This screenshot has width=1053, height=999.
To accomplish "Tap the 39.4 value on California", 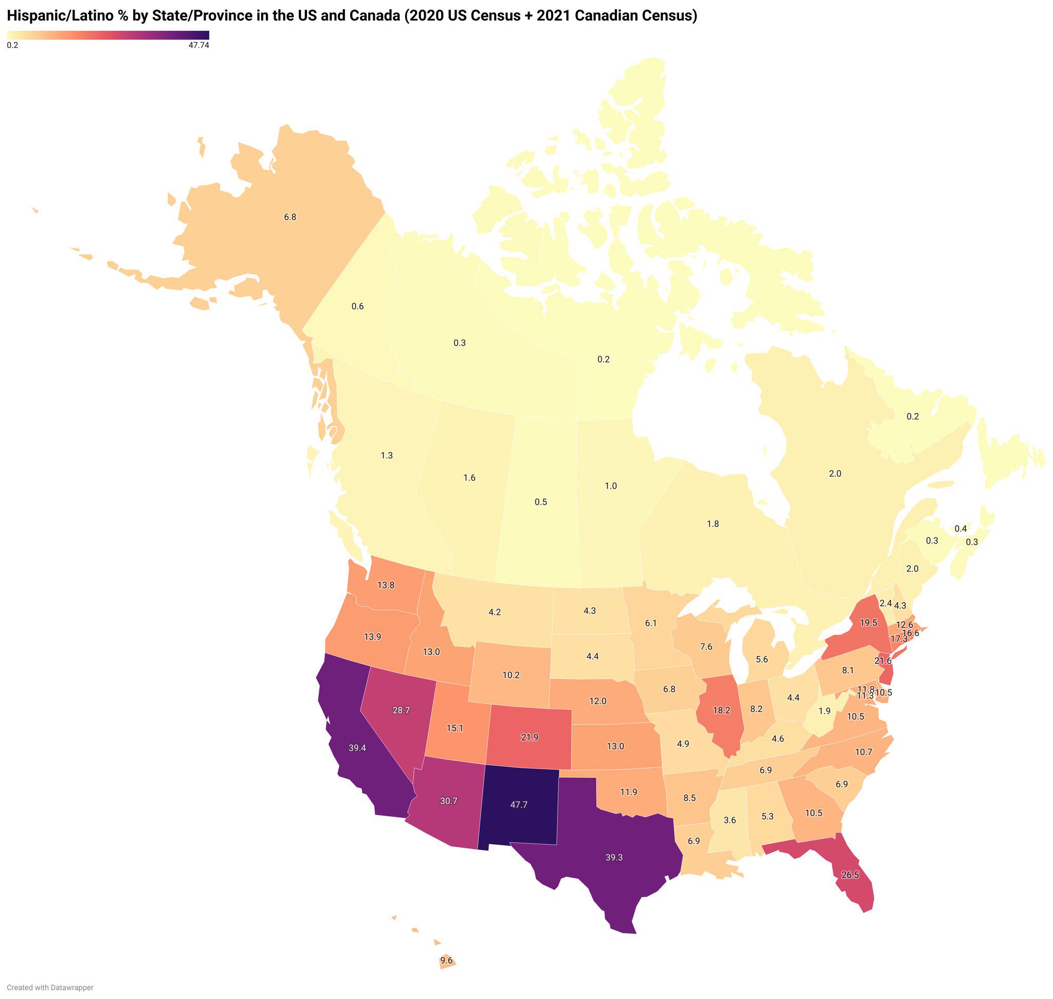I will (357, 747).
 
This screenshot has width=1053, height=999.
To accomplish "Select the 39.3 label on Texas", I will (614, 858).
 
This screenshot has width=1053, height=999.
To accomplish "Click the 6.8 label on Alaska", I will (289, 217).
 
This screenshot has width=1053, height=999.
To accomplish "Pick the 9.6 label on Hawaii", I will (446, 960).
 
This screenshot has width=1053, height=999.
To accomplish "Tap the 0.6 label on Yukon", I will (357, 306).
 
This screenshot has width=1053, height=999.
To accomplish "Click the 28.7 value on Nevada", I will (401, 710).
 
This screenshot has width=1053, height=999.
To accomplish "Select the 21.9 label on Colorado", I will (530, 737).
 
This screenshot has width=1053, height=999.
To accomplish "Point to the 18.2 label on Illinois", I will (721, 710).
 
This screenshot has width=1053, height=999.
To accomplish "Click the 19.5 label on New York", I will (868, 622).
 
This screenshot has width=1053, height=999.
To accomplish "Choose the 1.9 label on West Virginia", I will (824, 711).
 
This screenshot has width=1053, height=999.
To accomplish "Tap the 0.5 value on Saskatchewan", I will (540, 502).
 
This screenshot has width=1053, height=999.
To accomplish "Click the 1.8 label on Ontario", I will (712, 524).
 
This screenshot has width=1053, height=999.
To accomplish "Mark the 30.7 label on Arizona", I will (448, 801).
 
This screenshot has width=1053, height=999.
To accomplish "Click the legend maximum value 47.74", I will (198, 46).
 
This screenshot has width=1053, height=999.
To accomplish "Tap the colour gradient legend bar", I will (108, 35).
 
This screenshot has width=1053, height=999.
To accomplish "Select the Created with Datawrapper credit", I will (50, 988).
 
